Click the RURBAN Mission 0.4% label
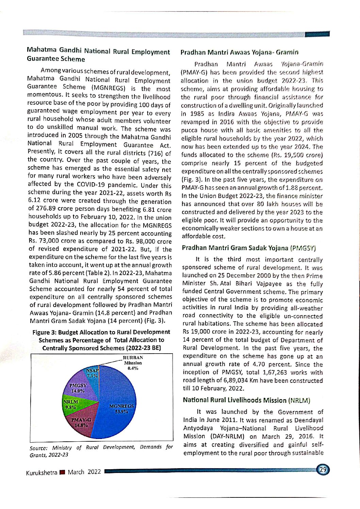(x=133, y=363)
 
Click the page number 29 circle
(x=323, y=470)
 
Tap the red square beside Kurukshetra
(x=62, y=472)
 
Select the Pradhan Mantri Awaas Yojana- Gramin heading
(x=239, y=52)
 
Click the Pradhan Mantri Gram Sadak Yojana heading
(x=249, y=248)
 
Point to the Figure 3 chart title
(x=101, y=340)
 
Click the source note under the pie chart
(x=101, y=451)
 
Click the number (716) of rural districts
(x=156, y=153)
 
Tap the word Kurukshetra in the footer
(x=41, y=473)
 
